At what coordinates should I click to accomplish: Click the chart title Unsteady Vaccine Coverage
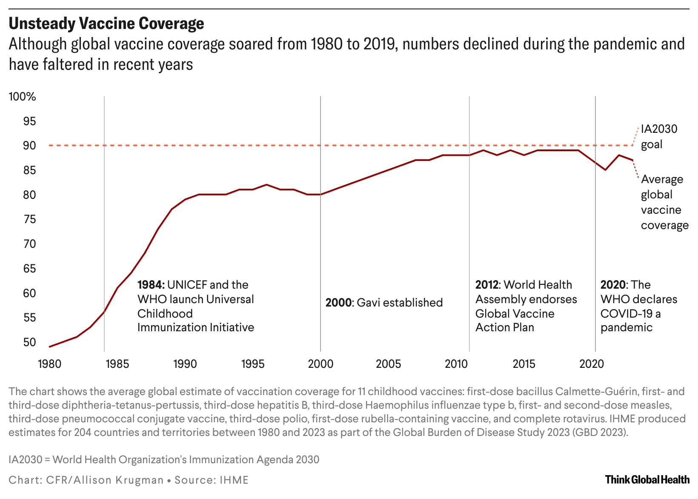(106, 24)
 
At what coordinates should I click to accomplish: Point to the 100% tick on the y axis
(23, 97)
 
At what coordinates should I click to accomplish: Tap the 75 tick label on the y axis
(29, 219)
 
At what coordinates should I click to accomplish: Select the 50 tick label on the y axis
(29, 342)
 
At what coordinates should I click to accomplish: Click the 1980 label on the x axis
(49, 364)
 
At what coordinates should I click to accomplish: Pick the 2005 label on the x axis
(388, 364)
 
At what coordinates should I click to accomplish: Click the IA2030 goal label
(658, 136)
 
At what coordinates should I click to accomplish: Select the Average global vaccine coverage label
(664, 202)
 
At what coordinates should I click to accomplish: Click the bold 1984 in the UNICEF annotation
(151, 285)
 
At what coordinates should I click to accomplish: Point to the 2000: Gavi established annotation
(384, 303)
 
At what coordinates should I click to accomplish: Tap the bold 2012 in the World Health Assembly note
(488, 285)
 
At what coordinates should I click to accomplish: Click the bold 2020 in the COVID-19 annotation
(613, 285)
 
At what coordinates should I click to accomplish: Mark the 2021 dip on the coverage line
(605, 170)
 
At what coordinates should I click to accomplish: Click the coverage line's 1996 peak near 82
(266, 184)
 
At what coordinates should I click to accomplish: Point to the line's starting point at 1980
(50, 347)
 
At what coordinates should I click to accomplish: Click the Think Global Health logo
(647, 479)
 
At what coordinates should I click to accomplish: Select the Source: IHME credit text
(212, 480)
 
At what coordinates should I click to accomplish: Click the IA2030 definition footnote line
(164, 460)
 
